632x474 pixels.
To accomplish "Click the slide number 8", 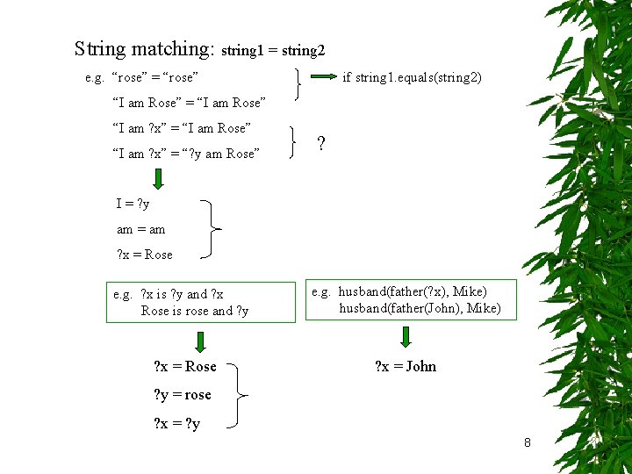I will tap(527, 442).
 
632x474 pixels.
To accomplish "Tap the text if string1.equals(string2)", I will tap(412, 78).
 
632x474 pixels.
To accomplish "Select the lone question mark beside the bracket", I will tap(322, 143).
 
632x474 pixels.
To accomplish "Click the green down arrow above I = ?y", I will tap(158, 180).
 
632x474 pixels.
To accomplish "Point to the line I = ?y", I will tap(133, 204).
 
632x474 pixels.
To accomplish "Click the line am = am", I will tap(140, 229).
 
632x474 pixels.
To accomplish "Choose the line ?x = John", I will tap(405, 366).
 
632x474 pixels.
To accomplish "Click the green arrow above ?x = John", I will tap(405, 337).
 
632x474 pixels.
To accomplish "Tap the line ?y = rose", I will tap(183, 394).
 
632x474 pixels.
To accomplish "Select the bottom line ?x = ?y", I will tap(176, 424).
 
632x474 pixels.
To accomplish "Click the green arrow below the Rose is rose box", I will tap(200, 341).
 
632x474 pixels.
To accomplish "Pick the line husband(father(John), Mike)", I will tap(420, 308).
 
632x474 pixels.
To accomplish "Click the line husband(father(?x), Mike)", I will tap(413, 291).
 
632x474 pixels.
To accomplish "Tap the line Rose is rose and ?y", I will tap(194, 311).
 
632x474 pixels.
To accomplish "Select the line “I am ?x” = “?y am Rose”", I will tap(186, 154).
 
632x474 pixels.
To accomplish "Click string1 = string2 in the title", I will tap(274, 51).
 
